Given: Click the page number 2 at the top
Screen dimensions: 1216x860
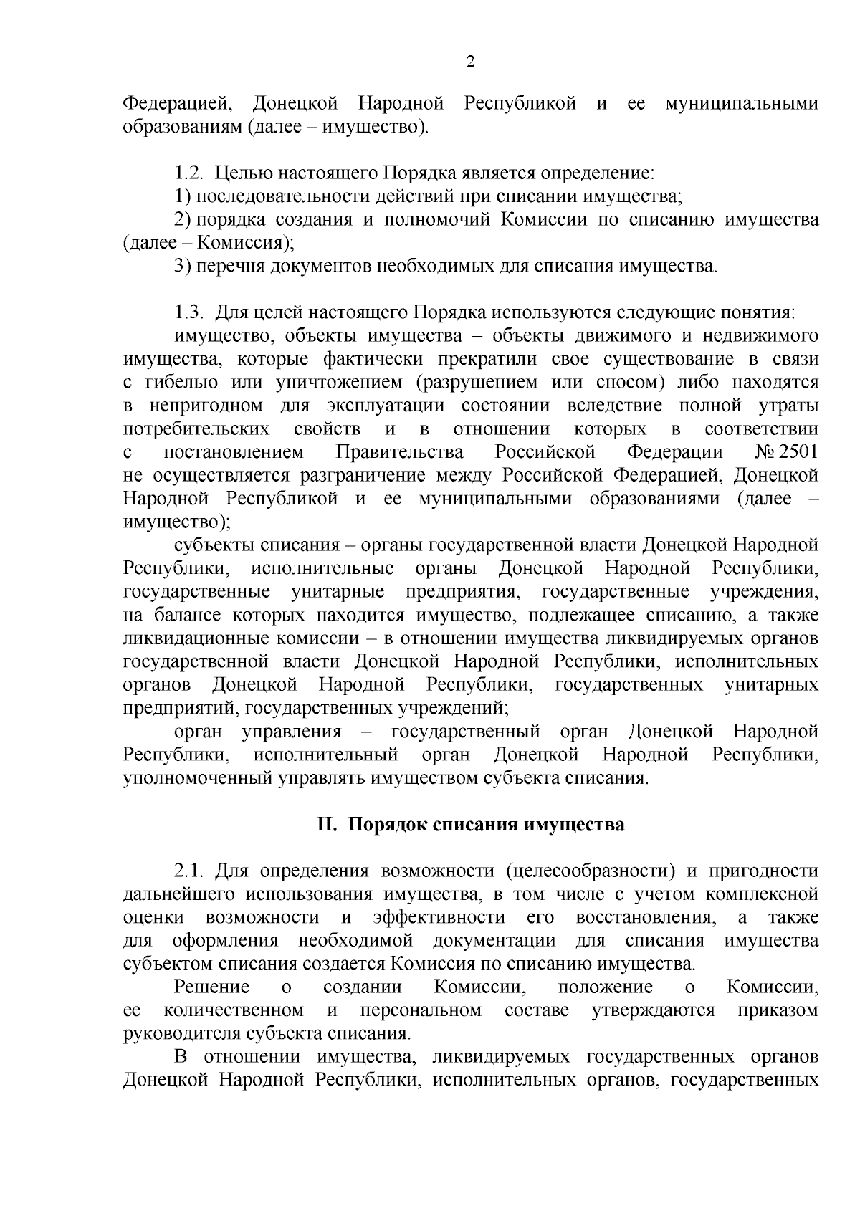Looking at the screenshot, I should [x=470, y=62].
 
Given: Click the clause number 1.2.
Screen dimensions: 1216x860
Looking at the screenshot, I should [x=189, y=173].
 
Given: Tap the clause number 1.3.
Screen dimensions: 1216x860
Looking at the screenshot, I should [x=189, y=312].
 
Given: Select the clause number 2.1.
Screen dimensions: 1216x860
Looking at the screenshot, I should [x=189, y=871].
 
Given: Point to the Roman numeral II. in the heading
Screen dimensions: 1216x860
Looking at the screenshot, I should [x=327, y=824].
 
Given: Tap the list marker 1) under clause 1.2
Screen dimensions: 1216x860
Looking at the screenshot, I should [x=182, y=196].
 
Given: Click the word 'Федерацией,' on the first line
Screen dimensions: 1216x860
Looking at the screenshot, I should [x=178, y=103].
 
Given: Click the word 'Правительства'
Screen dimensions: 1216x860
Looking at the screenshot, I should [x=399, y=452].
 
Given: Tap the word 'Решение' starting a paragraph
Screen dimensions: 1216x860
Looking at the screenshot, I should [x=212, y=987].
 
